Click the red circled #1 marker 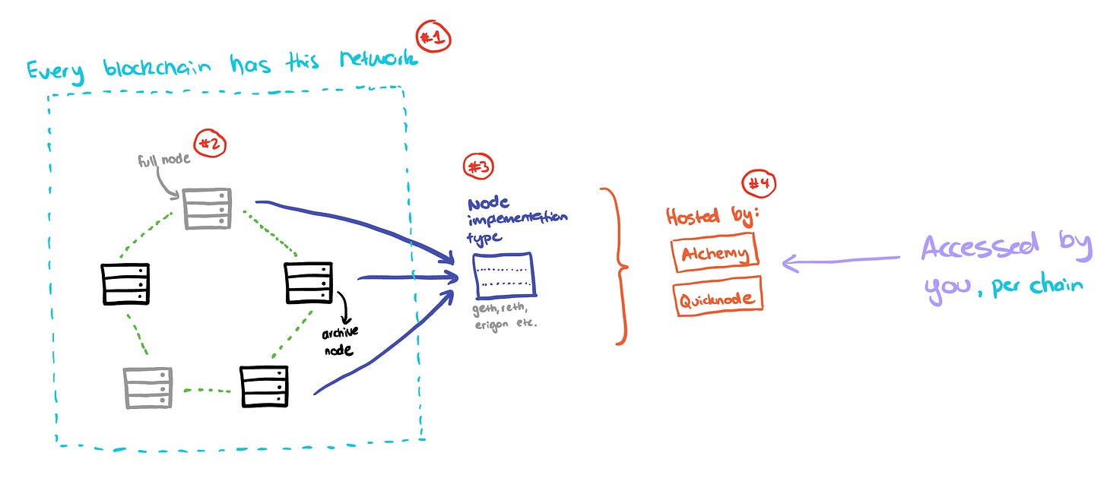[433, 36]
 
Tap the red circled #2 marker [210, 144]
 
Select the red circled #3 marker [478, 166]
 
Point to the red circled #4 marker [759, 184]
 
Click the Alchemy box [715, 252]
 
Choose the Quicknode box [718, 297]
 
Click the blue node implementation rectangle [504, 276]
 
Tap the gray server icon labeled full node [208, 208]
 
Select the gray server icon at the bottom [147, 388]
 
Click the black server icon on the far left [125, 284]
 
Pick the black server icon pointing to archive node [309, 283]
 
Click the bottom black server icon [265, 386]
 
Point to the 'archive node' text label [340, 341]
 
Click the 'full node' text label [163, 160]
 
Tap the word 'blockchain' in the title [157, 68]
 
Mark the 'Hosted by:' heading [712, 217]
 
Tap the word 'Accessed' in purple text [981, 245]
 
